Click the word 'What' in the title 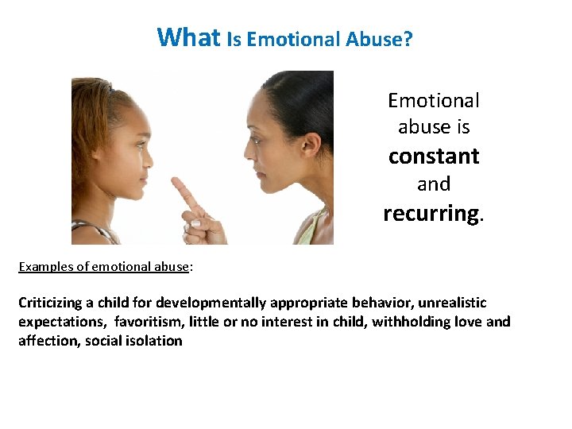pos(189,37)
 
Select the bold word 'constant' pos(434,156)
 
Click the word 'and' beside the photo pos(434,184)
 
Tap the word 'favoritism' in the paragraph pos(148,322)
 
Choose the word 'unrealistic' pos(451,303)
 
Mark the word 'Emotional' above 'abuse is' pos(434,101)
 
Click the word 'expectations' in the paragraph pos(61,322)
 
